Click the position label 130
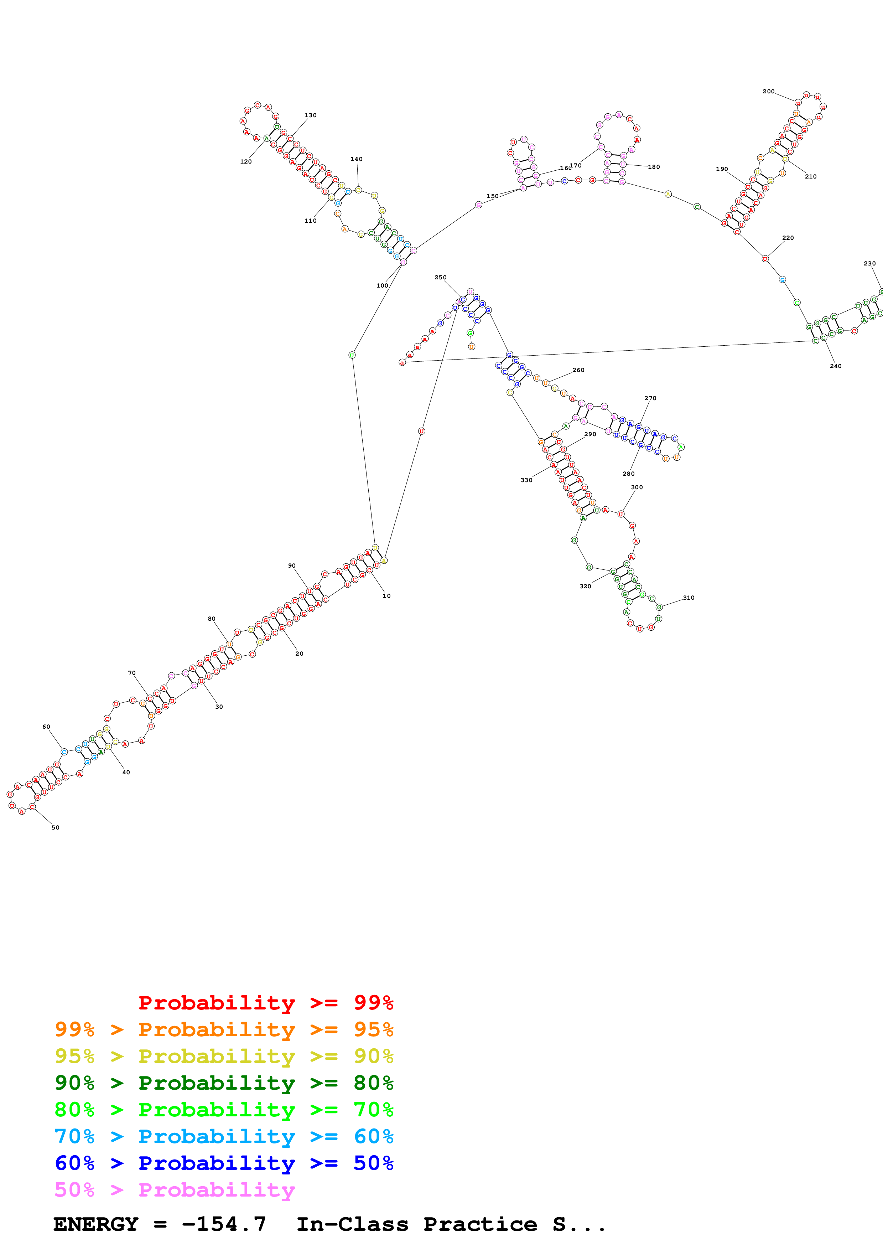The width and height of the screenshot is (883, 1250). pyautogui.click(x=310, y=115)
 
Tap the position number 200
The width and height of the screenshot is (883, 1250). pyautogui.click(x=768, y=92)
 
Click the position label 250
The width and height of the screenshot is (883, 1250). pyautogui.click(x=440, y=278)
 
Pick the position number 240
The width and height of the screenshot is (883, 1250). pyautogui.click(x=835, y=366)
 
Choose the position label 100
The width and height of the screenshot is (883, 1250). pyautogui.click(x=383, y=286)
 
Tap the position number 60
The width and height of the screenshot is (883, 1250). pyautogui.click(x=46, y=727)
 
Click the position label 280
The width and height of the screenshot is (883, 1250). pyautogui.click(x=628, y=474)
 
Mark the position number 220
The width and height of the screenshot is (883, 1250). pyautogui.click(x=788, y=238)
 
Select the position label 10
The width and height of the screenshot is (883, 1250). pyautogui.click(x=386, y=596)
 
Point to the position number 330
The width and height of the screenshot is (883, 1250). pyautogui.click(x=526, y=480)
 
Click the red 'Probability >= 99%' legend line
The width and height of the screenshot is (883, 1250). pyautogui.click(x=265, y=1003)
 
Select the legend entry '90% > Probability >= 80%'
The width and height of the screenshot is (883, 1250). pyautogui.click(x=224, y=1083)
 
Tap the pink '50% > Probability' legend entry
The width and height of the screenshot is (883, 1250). pyautogui.click(x=175, y=1189)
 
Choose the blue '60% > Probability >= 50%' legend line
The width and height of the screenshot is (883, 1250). pyautogui.click(x=224, y=1163)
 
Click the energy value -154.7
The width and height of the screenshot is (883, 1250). pyautogui.click(x=224, y=1224)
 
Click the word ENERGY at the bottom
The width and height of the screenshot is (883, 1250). pyautogui.click(x=96, y=1224)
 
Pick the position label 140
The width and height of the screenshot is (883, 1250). pyautogui.click(x=356, y=160)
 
